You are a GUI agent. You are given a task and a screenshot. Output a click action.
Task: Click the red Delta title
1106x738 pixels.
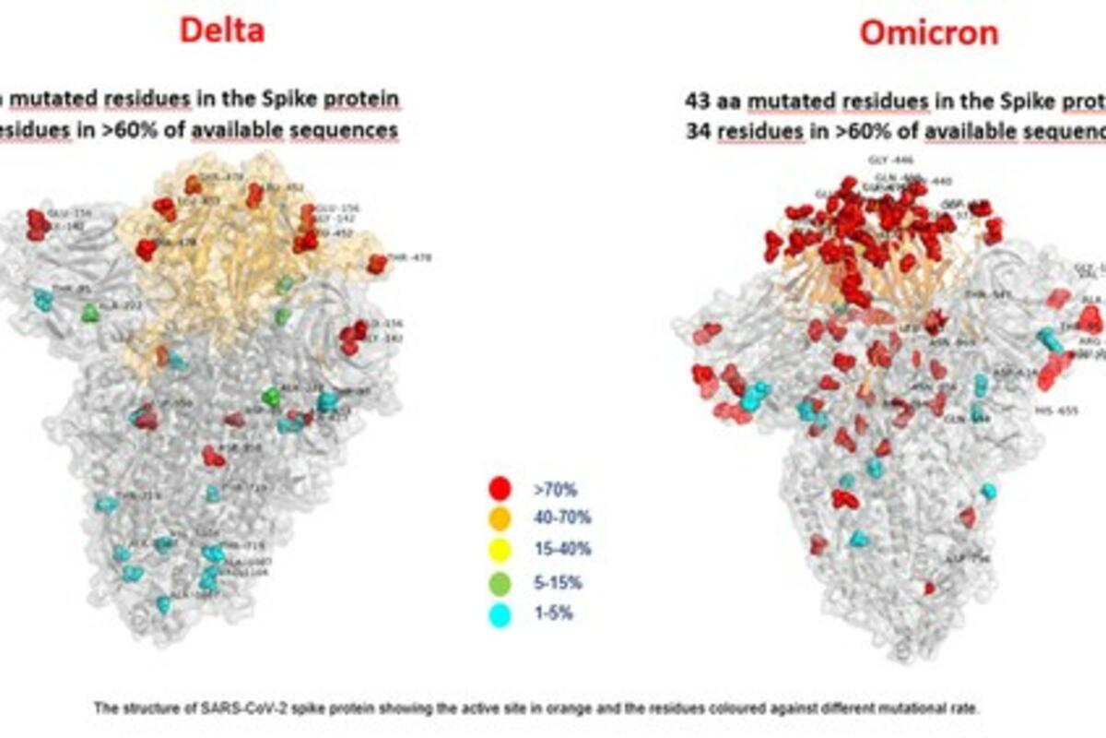click(221, 30)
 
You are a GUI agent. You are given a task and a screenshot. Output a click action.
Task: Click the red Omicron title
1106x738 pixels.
click(928, 33)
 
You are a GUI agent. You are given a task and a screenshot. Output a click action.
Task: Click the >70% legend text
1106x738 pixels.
click(552, 489)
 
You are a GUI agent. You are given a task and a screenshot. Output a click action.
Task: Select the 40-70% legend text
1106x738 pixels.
click(559, 519)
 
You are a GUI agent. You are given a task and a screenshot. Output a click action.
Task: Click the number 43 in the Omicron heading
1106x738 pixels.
click(698, 100)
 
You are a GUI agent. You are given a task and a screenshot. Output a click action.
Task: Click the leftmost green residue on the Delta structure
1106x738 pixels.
click(89, 313)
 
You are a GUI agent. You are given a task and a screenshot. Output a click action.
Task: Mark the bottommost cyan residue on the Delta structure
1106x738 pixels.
click(164, 604)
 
